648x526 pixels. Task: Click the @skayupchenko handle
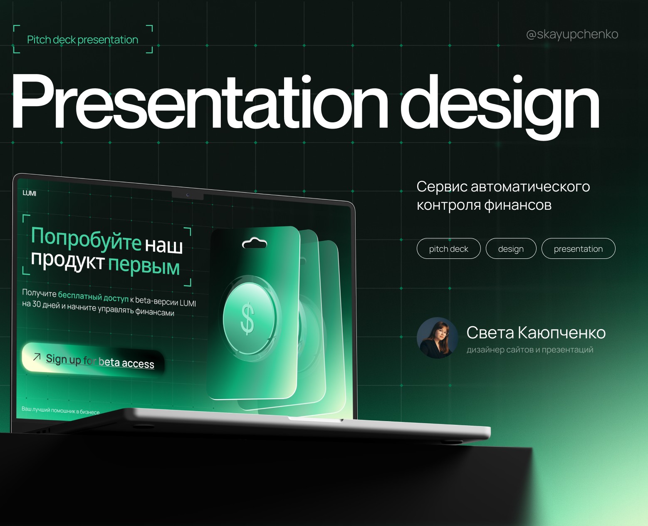click(572, 35)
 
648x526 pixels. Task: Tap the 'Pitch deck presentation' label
click(82, 40)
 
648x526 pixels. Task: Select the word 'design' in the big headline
click(499, 104)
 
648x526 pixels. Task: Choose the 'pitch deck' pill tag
click(448, 249)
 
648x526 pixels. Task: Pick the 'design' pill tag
click(511, 249)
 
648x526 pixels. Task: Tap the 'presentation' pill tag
click(578, 249)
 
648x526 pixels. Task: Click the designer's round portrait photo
click(437, 338)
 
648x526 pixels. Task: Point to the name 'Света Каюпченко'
click(536, 332)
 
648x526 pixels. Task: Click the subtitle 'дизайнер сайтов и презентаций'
click(529, 350)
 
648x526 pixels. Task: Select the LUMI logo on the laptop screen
click(30, 193)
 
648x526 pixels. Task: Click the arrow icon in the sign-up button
click(37, 357)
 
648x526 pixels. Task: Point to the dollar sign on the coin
click(248, 319)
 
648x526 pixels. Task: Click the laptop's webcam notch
click(188, 195)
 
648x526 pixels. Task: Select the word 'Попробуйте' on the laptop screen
click(86, 239)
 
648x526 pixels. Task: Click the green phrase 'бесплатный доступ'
click(93, 296)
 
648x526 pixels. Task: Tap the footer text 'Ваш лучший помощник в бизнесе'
click(61, 411)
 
